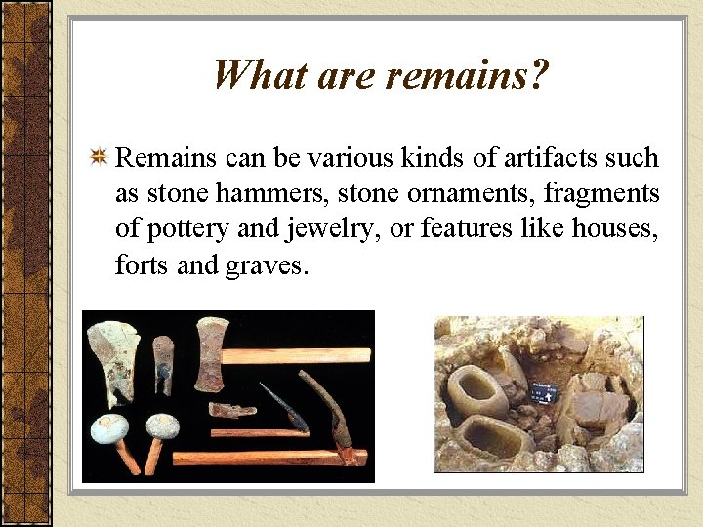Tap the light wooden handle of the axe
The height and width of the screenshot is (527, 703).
pos(303,355)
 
